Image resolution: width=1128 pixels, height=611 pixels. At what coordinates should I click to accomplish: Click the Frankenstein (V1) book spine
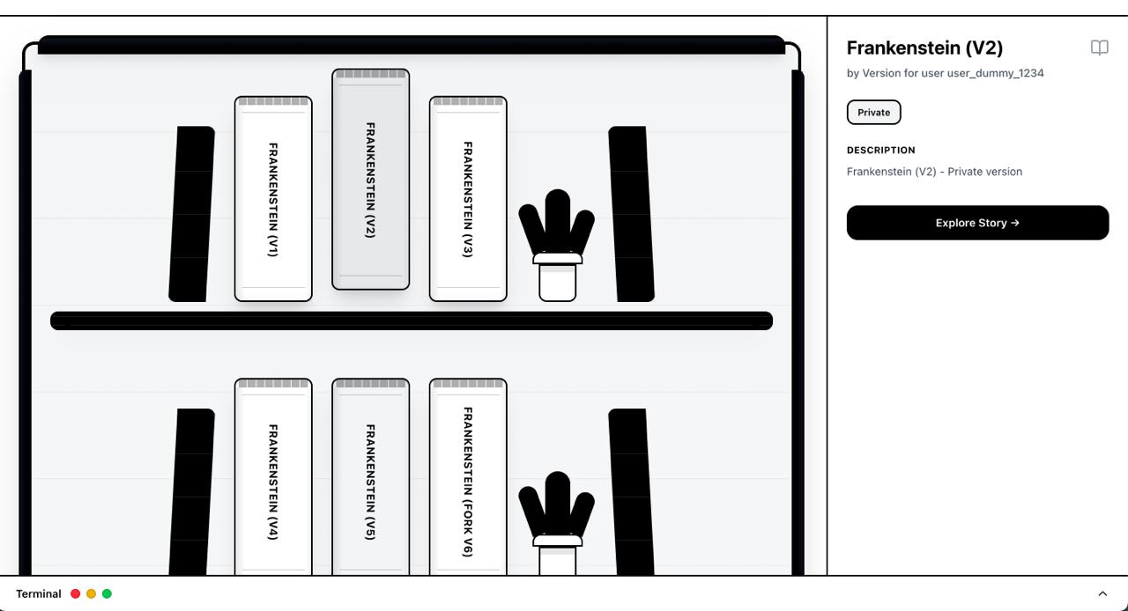[x=273, y=199]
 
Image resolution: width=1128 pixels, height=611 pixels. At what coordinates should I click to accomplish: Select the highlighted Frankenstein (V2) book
[x=371, y=180]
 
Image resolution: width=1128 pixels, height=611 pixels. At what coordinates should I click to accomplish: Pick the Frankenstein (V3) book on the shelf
[x=468, y=199]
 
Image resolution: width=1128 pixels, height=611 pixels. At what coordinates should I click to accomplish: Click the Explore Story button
[x=977, y=223]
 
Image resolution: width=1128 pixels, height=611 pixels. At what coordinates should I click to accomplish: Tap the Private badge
[x=873, y=112]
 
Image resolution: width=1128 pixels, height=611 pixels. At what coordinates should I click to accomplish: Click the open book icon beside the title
[x=1099, y=48]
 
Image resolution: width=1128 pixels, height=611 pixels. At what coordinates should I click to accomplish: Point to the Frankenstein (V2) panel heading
[x=924, y=48]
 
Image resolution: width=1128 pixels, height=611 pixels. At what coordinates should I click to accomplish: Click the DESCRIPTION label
[x=880, y=150]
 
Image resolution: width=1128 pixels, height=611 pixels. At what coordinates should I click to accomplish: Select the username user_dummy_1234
[x=995, y=73]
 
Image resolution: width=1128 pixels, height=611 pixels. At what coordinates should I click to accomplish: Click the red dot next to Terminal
[x=76, y=594]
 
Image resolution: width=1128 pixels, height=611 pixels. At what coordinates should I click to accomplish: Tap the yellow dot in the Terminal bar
[x=91, y=594]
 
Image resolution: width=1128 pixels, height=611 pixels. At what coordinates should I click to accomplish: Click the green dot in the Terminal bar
[x=107, y=594]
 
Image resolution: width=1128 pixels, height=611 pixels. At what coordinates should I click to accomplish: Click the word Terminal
[x=38, y=594]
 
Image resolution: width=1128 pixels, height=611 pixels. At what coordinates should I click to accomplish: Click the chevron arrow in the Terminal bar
[x=1102, y=594]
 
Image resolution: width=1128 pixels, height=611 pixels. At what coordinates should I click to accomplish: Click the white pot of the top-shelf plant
[x=557, y=278]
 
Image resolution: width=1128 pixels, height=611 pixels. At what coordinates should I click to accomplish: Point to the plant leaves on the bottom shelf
[x=556, y=504]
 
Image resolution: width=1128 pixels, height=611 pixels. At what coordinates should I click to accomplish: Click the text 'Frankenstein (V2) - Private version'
[x=934, y=172]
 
